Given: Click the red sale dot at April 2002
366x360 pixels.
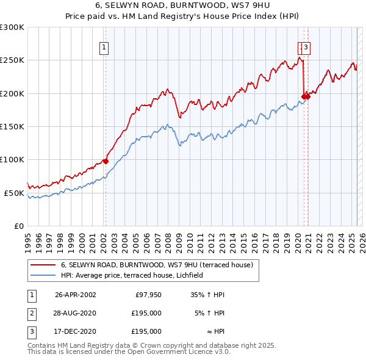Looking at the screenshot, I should coord(106,161).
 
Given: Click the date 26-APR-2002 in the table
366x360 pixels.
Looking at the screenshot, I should coord(75,294).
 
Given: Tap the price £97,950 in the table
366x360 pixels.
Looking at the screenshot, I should coord(148,294).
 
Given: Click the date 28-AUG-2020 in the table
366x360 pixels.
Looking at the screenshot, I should coord(75,313).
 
